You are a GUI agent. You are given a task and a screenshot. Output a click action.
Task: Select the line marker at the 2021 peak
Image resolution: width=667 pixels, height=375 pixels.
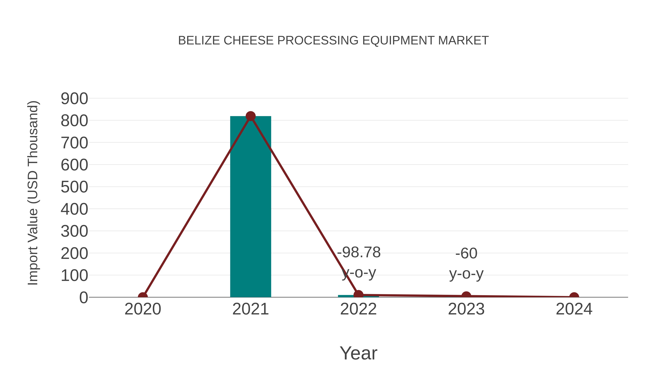[250, 116]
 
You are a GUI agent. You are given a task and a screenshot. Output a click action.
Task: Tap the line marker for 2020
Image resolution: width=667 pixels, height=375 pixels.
[143, 297]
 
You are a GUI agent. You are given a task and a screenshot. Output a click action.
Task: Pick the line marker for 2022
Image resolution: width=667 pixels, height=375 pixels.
[358, 294]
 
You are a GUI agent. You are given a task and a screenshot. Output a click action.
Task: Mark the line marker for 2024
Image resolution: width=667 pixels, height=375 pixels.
[574, 297]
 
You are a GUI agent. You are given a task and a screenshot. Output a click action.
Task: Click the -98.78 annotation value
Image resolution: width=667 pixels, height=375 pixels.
[359, 252]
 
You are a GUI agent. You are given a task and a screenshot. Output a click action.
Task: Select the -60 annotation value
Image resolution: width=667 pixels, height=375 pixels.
[466, 253]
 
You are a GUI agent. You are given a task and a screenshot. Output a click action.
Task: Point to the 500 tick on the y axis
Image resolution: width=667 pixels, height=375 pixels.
[74, 187]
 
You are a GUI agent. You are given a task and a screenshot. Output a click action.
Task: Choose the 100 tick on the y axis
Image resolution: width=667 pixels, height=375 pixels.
[74, 276]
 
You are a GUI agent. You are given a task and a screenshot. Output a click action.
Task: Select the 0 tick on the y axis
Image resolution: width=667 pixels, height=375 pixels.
[83, 298]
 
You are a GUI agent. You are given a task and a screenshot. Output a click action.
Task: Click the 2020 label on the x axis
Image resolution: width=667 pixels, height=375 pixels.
[143, 309]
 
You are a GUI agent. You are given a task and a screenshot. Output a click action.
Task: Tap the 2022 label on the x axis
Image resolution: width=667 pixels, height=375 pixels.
[358, 309]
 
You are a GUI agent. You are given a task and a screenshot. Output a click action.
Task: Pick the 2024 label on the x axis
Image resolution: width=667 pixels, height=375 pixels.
[574, 309]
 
